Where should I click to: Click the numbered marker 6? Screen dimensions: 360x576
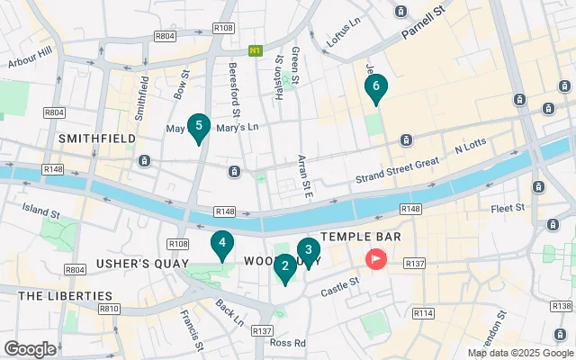pyautogui.click(x=376, y=87)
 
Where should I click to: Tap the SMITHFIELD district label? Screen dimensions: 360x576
pyautogui.click(x=96, y=139)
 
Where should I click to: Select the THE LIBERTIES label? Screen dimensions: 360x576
pyautogui.click(x=66, y=295)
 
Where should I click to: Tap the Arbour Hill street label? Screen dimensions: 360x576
pyautogui.click(x=30, y=60)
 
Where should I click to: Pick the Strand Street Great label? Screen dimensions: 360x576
pyautogui.click(x=396, y=176)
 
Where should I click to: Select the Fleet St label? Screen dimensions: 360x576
pyautogui.click(x=508, y=208)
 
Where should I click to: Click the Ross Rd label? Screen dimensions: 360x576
pyautogui.click(x=287, y=343)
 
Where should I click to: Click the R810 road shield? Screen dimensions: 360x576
pyautogui.click(x=110, y=309)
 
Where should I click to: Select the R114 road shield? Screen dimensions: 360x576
pyautogui.click(x=422, y=312)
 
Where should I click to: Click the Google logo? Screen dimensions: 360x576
pyautogui.click(x=31, y=348)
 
